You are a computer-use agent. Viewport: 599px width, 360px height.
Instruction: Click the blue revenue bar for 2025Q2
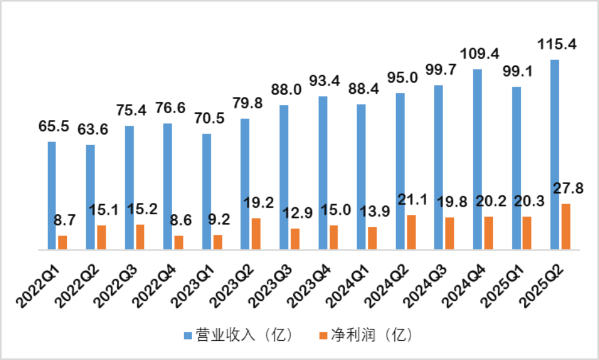tap(554, 154)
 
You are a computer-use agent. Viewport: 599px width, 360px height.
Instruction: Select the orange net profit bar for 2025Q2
tap(565, 226)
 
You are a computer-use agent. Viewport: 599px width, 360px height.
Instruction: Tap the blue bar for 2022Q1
tap(52, 195)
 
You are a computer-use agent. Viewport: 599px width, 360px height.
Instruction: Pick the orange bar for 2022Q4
tap(179, 242)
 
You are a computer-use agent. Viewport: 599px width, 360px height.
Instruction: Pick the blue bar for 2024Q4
tap(477, 159)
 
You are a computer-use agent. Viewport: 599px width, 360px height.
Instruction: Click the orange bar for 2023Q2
tap(256, 234)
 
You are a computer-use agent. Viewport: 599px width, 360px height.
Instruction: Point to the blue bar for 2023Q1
tap(206, 191)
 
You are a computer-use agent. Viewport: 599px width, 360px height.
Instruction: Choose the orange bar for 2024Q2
tap(411, 232)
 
